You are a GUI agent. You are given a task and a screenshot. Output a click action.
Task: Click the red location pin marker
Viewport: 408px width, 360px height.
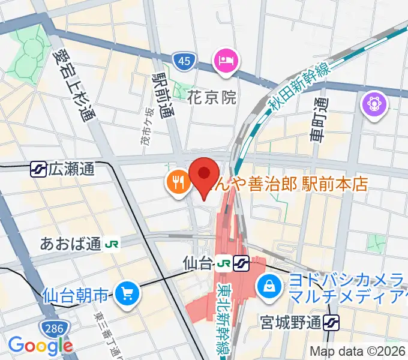pyautogui.click(x=203, y=176)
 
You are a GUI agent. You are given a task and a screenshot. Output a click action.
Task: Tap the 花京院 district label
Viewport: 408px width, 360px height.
pyautogui.click(x=212, y=98)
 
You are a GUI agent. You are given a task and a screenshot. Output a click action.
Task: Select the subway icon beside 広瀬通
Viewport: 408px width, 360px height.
pyautogui.click(x=38, y=170)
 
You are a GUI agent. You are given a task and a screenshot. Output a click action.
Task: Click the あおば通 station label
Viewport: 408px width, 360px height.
pyautogui.click(x=70, y=244)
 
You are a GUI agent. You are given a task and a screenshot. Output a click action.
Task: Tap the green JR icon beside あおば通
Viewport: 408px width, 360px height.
pyautogui.click(x=111, y=244)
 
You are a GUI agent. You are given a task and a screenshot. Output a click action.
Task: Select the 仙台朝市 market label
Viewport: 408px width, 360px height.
pyautogui.click(x=76, y=295)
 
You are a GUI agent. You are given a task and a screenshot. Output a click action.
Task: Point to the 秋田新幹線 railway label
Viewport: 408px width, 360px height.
pyautogui.click(x=296, y=88)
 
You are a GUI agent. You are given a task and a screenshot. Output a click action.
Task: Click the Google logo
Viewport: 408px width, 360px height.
pyautogui.click(x=40, y=346)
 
